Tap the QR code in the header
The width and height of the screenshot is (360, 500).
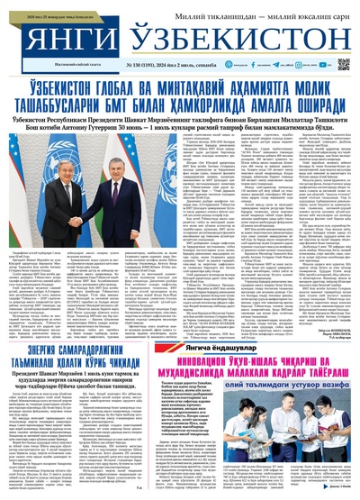(344, 65)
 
